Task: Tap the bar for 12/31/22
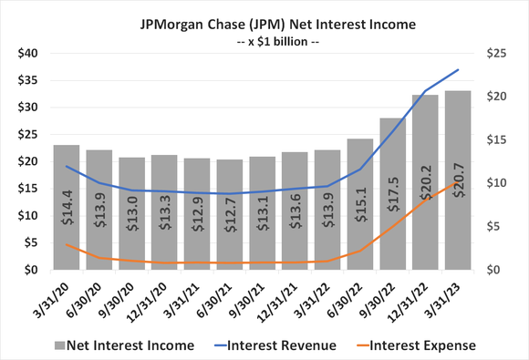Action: click(425, 182)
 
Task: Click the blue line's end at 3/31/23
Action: click(458, 70)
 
